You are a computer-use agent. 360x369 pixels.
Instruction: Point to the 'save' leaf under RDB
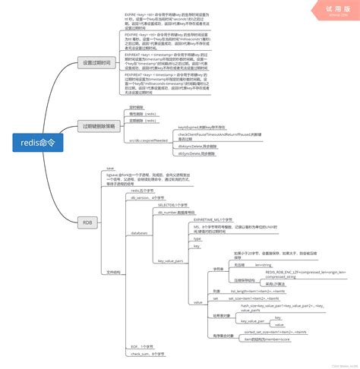[x=110, y=168]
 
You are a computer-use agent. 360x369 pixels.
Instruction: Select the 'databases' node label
[x=140, y=233]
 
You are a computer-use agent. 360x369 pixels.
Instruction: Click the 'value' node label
[x=197, y=302]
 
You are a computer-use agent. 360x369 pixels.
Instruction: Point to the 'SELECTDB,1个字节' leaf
[x=174, y=205]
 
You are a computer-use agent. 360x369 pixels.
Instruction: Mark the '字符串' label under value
[x=218, y=269]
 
